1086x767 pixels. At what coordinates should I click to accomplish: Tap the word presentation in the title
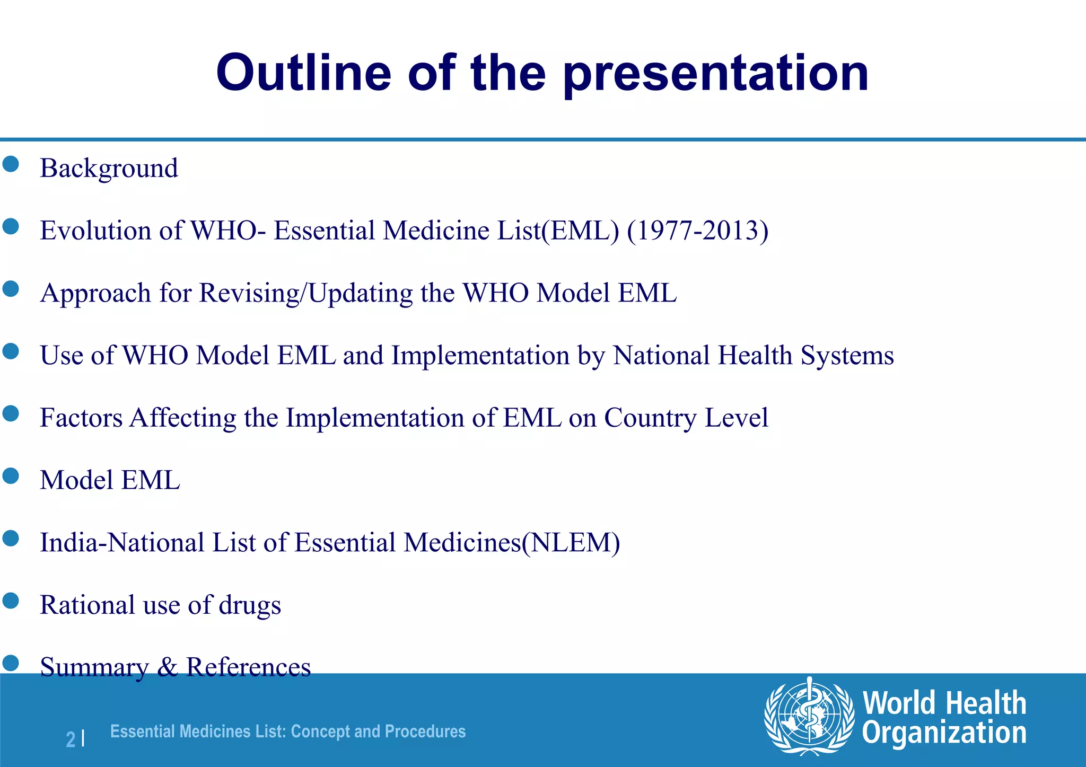pyautogui.click(x=715, y=74)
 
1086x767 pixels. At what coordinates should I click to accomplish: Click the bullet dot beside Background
pyautogui.click(x=11, y=164)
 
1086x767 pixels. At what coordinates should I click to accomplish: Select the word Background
pyautogui.click(x=109, y=169)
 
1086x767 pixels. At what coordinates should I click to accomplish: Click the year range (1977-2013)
pyautogui.click(x=697, y=231)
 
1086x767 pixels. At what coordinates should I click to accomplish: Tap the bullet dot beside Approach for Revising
pyautogui.click(x=11, y=289)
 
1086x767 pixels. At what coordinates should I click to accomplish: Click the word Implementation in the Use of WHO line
pyautogui.click(x=480, y=355)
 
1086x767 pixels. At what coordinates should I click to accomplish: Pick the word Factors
pyautogui.click(x=81, y=418)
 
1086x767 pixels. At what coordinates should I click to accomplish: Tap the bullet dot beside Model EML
pyautogui.click(x=11, y=476)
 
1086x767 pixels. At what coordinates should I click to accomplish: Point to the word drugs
pyautogui.click(x=249, y=605)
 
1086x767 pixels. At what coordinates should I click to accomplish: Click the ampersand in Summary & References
pyautogui.click(x=168, y=667)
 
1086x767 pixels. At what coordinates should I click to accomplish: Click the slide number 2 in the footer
pyautogui.click(x=71, y=739)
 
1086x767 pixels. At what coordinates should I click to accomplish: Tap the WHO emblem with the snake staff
pyautogui.click(x=809, y=716)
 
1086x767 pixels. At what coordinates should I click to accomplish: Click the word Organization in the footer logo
pyautogui.click(x=944, y=734)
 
